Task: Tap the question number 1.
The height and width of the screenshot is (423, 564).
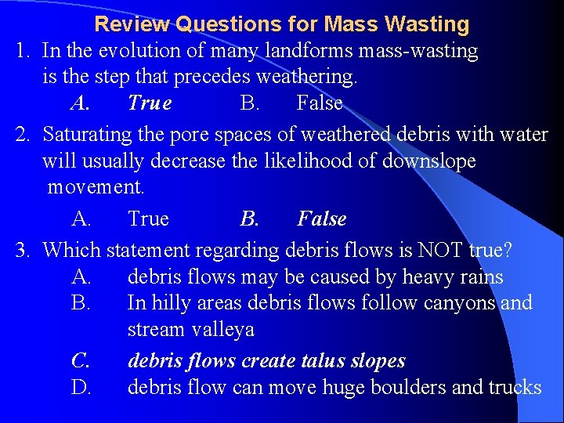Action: (23, 52)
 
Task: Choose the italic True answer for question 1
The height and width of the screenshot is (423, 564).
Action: (149, 103)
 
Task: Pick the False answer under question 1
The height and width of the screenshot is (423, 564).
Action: (320, 103)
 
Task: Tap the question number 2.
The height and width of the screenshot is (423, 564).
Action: (23, 135)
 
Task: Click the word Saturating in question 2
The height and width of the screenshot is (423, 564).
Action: (88, 135)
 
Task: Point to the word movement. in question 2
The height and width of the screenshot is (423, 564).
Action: (96, 188)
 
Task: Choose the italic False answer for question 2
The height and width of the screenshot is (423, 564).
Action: (321, 219)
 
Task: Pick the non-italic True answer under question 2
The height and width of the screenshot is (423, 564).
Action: (148, 219)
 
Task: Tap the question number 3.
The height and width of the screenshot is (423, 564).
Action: (23, 251)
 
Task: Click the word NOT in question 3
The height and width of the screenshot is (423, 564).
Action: (442, 251)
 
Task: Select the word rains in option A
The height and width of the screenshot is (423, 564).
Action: (480, 277)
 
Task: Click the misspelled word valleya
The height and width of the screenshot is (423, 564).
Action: (222, 330)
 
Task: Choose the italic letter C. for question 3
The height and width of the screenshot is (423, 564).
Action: (81, 361)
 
